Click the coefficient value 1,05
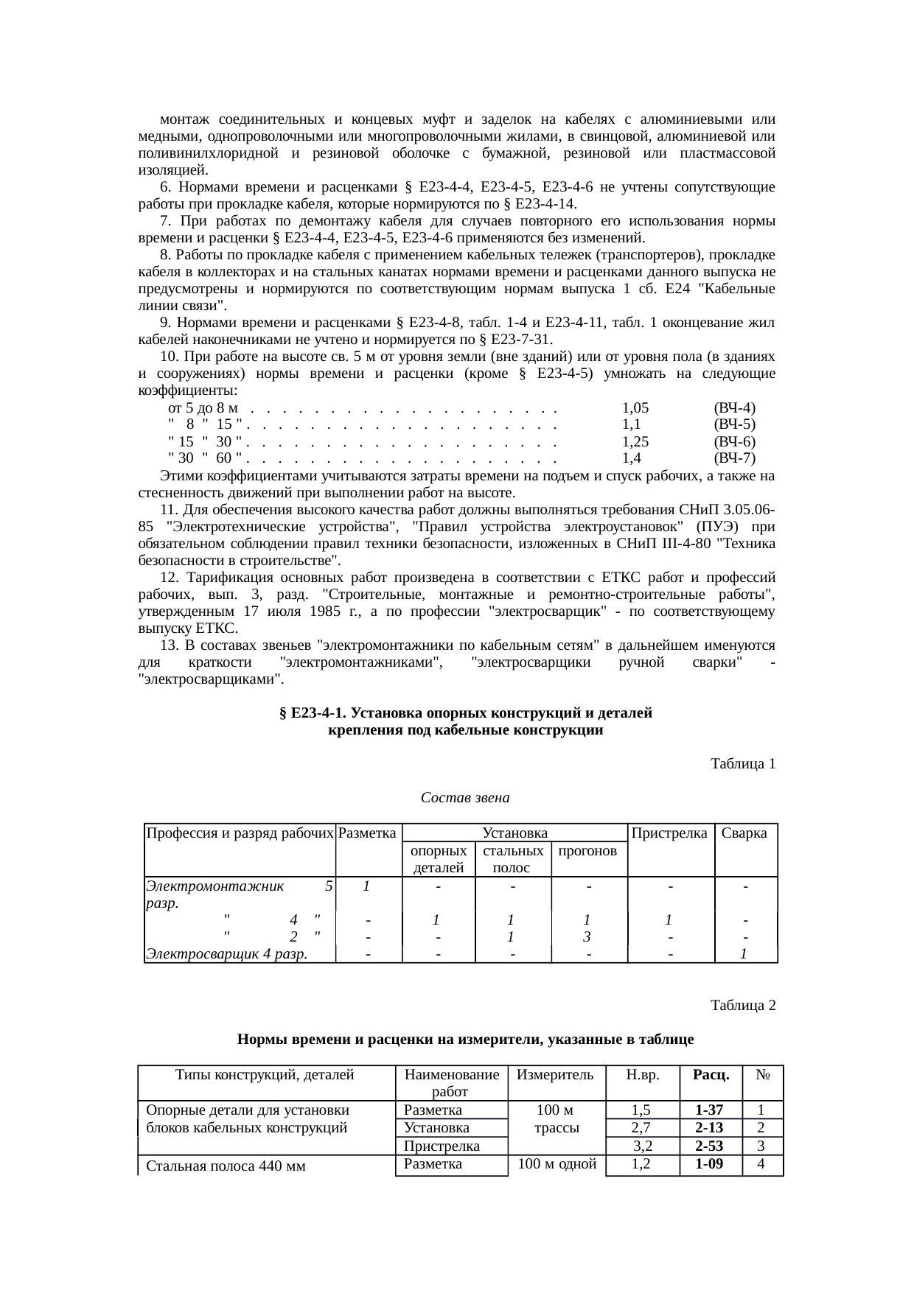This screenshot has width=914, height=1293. [x=635, y=407]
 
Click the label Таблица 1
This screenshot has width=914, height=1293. [x=742, y=764]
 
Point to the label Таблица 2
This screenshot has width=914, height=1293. [x=742, y=1005]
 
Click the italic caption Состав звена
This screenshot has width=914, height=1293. [x=465, y=798]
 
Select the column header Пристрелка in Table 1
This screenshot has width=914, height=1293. [x=671, y=833]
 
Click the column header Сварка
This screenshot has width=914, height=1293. [x=745, y=833]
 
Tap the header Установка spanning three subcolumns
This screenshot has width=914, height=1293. [x=514, y=833]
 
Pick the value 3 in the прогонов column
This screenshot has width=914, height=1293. [x=587, y=937]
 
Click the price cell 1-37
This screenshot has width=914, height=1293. [x=709, y=1110]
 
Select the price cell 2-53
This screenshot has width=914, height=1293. [x=709, y=1146]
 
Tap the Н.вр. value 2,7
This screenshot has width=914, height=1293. [x=641, y=1128]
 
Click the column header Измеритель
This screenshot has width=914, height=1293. [x=555, y=1074]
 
